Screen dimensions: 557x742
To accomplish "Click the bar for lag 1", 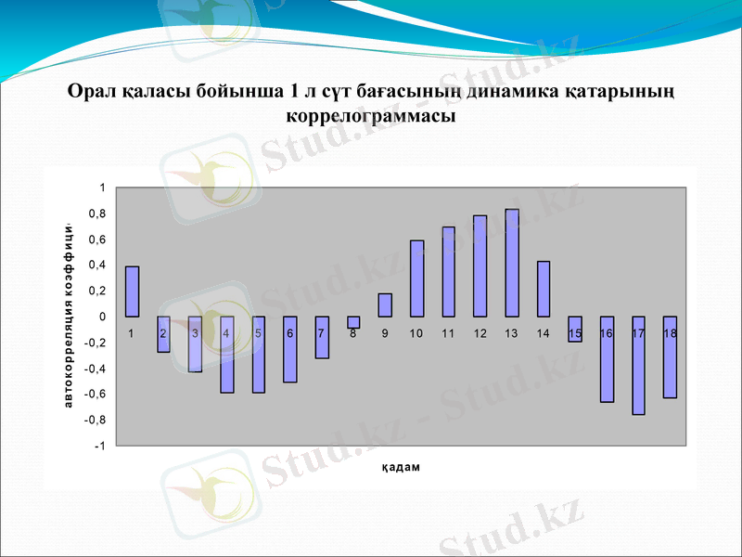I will (133, 291).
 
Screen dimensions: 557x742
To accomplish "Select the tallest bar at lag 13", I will (512, 263).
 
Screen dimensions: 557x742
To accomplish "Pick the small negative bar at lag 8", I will (353, 322).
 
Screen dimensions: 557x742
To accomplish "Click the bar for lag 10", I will (417, 278).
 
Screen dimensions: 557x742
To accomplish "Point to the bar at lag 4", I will (227, 355).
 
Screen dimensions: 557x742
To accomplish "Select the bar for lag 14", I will (544, 289).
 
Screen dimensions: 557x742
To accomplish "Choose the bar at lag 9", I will (385, 305).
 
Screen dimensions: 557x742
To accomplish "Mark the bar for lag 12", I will (480, 266).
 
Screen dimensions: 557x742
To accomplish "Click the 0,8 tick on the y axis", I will (96, 214).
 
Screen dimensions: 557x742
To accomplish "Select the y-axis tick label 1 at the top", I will (102, 188).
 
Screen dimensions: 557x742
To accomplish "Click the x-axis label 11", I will (448, 333).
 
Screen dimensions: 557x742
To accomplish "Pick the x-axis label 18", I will (670, 333).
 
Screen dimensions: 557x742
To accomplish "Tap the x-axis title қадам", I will (401, 467).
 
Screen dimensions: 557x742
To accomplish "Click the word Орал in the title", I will (93, 91).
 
